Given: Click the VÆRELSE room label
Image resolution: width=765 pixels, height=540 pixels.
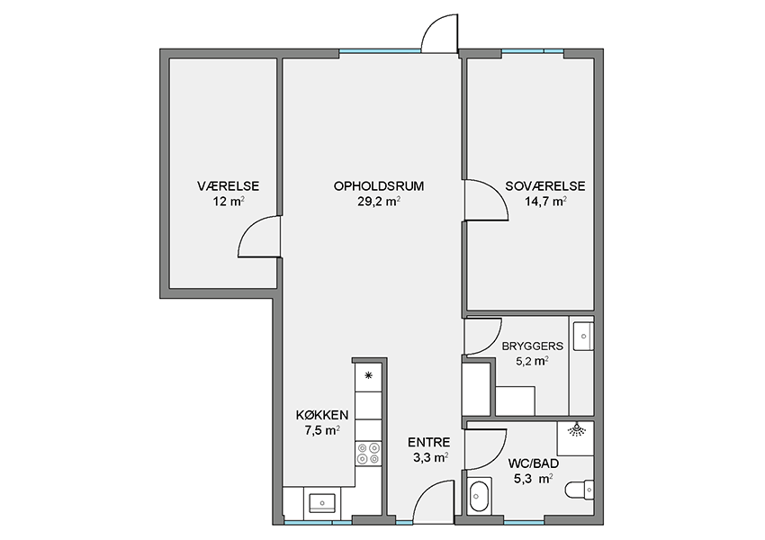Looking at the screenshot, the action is tap(228, 186).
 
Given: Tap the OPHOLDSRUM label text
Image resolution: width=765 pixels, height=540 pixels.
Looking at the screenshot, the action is tap(379, 186).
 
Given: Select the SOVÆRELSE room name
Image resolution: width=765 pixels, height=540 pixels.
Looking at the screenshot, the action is tap(545, 186).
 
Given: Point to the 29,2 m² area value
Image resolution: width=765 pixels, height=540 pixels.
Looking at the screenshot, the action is tap(379, 202).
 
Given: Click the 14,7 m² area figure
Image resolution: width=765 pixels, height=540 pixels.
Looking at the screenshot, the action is tap(545, 202).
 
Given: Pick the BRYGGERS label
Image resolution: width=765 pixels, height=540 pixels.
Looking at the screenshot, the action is tap(532, 346).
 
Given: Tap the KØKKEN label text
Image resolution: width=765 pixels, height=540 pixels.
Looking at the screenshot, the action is tap(322, 415).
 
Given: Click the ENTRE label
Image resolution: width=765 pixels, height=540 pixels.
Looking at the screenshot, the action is tap(428, 443).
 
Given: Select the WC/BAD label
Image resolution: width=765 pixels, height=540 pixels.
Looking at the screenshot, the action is tap(534, 463).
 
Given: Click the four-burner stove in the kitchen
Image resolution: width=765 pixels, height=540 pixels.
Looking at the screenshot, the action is tap(368, 454).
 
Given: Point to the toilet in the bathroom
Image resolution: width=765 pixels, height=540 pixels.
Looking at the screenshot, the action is tap(580, 490).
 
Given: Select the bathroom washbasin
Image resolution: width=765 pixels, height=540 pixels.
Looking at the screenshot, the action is tap(477, 497).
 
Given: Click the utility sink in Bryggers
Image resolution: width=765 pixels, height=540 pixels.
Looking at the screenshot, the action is tap(582, 336).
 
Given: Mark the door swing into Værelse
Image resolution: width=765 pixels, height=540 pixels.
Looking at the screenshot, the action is tap(258, 237).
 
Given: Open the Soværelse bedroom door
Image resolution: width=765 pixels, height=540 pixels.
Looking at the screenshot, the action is tap(485, 200).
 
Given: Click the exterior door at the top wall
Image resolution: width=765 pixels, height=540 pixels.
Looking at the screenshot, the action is tap(439, 32).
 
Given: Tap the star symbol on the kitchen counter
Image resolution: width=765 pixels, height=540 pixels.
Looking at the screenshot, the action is tap(368, 375).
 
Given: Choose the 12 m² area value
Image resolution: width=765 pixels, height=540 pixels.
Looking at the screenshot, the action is tap(229, 202).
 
